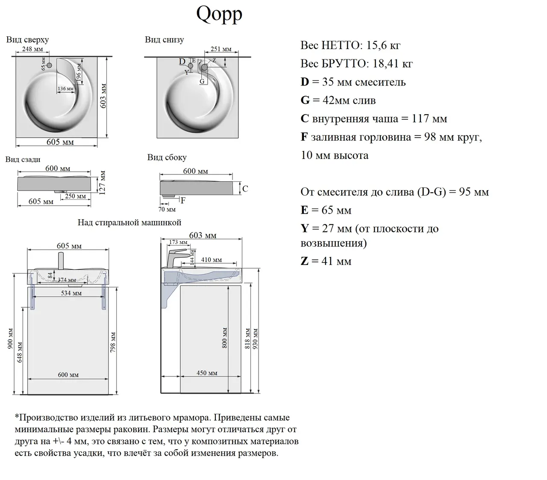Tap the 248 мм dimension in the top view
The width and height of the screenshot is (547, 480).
(32, 49)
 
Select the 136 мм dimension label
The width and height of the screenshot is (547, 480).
(65, 89)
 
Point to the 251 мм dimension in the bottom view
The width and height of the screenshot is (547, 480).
(221, 49)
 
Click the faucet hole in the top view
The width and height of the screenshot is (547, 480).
(49, 65)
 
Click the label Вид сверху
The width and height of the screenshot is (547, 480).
(27, 40)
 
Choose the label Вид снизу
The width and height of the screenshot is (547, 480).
(164, 40)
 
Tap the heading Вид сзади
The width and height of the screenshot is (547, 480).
(23, 159)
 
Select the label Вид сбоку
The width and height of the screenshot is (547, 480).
(167, 157)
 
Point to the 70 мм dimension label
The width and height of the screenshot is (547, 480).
(167, 209)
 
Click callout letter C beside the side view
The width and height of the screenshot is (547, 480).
(245, 188)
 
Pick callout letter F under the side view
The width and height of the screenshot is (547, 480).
(183, 200)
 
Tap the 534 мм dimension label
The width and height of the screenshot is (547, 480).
(71, 293)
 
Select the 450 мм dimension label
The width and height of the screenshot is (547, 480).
(207, 373)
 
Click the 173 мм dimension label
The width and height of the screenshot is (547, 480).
(178, 242)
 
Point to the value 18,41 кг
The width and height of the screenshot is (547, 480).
(392, 64)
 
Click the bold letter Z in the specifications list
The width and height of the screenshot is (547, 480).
(304, 261)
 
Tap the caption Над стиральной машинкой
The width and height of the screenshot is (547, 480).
(129, 223)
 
